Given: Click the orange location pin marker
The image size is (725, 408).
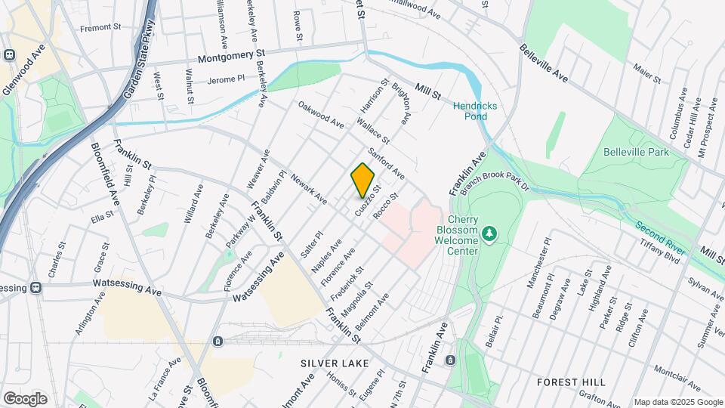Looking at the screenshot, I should tap(362, 181).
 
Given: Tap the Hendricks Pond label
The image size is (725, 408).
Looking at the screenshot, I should tap(475, 112).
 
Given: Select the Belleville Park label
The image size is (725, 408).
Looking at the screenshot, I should tap(636, 152).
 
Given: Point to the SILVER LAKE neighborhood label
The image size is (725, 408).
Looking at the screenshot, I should tap(335, 363).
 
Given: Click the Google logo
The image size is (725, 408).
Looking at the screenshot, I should tap(24, 399).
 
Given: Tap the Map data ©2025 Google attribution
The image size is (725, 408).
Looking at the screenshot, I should tap(677, 402).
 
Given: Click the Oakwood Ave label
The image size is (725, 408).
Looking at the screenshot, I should tap(321, 115).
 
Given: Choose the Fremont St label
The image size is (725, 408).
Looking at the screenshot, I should tap(100, 27).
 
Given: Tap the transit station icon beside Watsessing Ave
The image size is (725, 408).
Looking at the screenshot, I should tap(34, 287).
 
